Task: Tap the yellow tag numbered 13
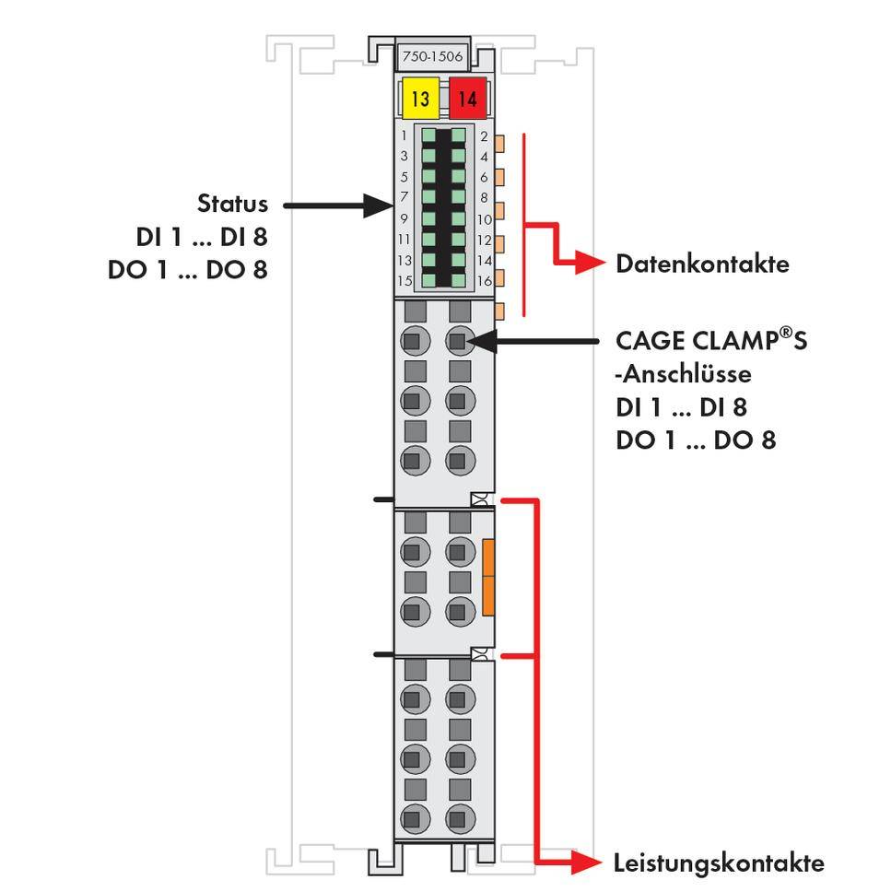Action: pyautogui.click(x=421, y=99)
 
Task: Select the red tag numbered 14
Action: pyautogui.click(x=467, y=99)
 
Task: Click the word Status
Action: pyautogui.click(x=232, y=204)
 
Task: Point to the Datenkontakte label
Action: pyautogui.click(x=702, y=264)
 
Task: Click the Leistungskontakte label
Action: pyautogui.click(x=718, y=863)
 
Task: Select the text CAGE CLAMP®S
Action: pyautogui.click(x=710, y=341)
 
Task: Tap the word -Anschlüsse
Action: pyautogui.click(x=671, y=374)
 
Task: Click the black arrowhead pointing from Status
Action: pyautogui.click(x=378, y=205)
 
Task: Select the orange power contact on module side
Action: pyautogui.click(x=488, y=578)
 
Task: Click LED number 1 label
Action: pyautogui.click(x=404, y=136)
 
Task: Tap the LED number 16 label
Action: pyautogui.click(x=485, y=281)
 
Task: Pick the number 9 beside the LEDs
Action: pyautogui.click(x=404, y=218)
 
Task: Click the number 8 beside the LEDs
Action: pyautogui.click(x=484, y=197)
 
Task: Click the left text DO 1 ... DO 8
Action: pyautogui.click(x=187, y=271)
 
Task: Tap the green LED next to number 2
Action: pyautogui.click(x=458, y=136)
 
